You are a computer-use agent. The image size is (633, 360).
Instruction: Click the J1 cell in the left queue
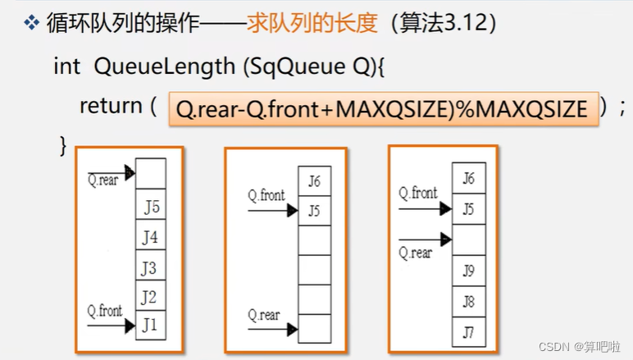click(x=150, y=325)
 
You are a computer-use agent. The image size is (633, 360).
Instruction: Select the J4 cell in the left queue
click(x=150, y=237)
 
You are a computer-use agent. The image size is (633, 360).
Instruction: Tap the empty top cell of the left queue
click(x=150, y=174)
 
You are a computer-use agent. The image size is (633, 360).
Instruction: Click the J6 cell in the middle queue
click(x=314, y=181)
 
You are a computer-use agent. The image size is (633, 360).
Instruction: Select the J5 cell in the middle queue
click(x=314, y=211)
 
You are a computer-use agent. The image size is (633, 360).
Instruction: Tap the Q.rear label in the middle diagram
click(x=264, y=315)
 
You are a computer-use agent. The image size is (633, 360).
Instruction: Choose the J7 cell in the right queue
click(x=468, y=331)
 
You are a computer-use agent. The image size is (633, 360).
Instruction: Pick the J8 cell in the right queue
click(x=468, y=301)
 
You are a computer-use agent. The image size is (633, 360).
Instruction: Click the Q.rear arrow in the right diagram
click(x=425, y=239)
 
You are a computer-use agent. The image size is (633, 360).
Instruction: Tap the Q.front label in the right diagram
click(x=418, y=194)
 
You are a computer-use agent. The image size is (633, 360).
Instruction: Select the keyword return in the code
click(x=111, y=106)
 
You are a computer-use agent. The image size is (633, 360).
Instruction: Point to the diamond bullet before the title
click(x=32, y=24)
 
